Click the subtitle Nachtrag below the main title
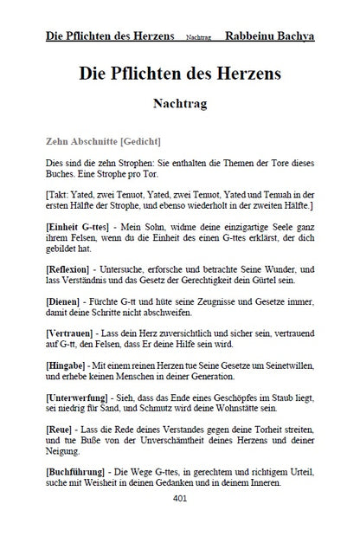tap(180, 102)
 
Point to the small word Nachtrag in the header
tap(198, 40)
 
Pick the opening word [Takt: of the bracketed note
tap(58, 196)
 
